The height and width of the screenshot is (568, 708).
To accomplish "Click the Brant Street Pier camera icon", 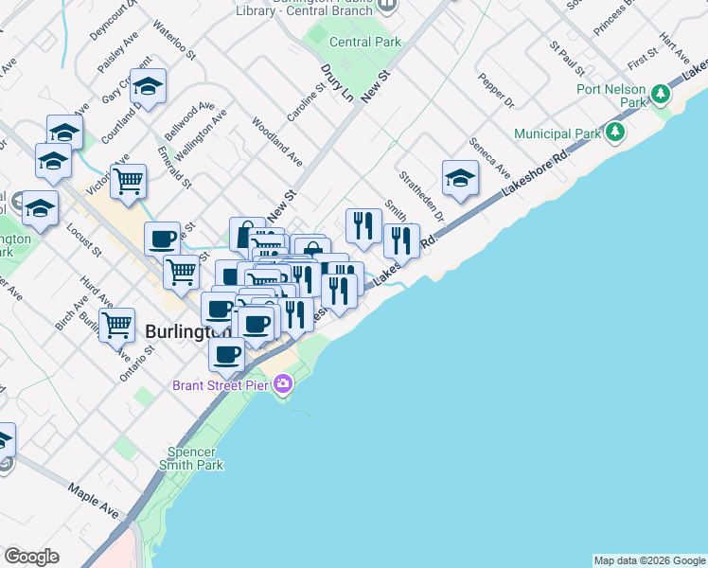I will [x=282, y=384].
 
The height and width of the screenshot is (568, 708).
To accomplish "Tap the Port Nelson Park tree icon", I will [x=660, y=95].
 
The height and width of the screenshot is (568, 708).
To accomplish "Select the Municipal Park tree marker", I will [x=616, y=131].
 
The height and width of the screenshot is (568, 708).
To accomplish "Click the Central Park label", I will [x=365, y=42].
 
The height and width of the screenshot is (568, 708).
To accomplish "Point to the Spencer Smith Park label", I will [x=195, y=458].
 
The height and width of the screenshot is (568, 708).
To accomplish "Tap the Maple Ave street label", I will [x=94, y=501].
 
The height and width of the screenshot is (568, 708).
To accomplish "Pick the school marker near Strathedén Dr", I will [x=460, y=178].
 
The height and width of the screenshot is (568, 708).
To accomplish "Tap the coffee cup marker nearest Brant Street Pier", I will [x=227, y=354].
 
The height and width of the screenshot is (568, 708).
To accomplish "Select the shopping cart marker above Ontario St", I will [x=117, y=325].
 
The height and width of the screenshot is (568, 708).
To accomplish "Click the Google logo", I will [x=31, y=557].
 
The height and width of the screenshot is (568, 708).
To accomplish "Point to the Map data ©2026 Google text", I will [x=649, y=560].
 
